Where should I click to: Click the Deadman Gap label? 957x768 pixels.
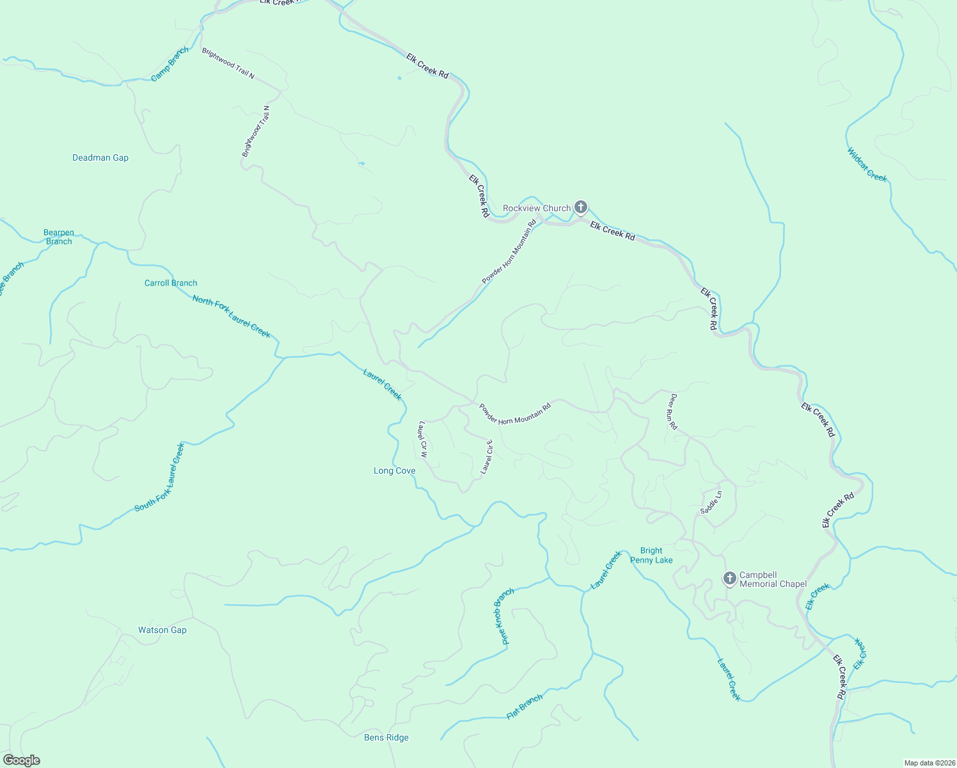coord(100,157)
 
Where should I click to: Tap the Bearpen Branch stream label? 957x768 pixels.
coord(59,237)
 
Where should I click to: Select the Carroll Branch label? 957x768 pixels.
coord(171,283)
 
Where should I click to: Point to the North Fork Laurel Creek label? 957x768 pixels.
coord(232,316)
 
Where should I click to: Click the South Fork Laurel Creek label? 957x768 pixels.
coord(159,477)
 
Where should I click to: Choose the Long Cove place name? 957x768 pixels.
coord(395,471)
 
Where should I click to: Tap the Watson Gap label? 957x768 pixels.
coord(162,630)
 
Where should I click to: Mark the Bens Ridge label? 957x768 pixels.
coord(386,737)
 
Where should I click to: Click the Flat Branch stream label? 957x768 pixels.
coord(525,707)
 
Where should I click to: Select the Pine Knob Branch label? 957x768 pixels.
coord(504,616)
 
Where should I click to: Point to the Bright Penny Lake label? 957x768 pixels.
coord(651,555)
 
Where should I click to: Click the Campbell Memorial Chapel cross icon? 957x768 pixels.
coord(729,579)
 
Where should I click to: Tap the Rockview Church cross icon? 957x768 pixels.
coord(581,207)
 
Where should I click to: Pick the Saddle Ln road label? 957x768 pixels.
coord(711,502)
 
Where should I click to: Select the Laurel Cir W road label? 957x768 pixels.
coord(423,439)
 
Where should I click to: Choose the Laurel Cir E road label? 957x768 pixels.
coord(487,457)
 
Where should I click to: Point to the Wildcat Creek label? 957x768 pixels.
coord(867,165)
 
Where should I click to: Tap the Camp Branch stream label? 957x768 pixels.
coord(170,64)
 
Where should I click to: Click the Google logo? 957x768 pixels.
coord(22,760)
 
